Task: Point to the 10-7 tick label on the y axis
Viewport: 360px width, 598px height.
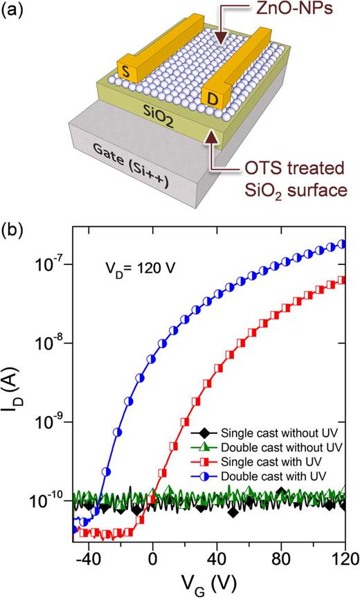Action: pos(50,265)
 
